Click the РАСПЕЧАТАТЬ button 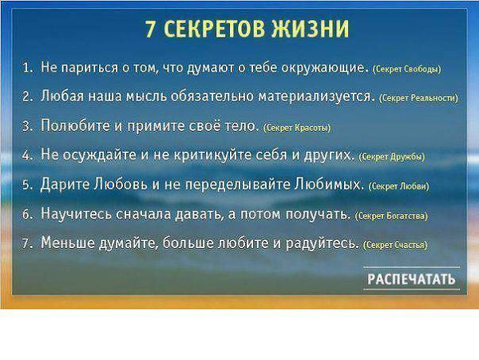pyautogui.click(x=411, y=279)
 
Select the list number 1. pyautogui.click(x=27, y=68)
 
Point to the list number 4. pyautogui.click(x=27, y=156)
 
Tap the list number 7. pyautogui.click(x=27, y=243)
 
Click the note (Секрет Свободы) pyautogui.click(x=407, y=69)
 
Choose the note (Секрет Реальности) pyautogui.click(x=418, y=98)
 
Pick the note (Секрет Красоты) pyautogui.click(x=297, y=128)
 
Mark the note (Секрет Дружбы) pyautogui.click(x=392, y=157)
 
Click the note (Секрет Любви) pyautogui.click(x=399, y=186)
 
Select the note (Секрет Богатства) pyautogui.click(x=392, y=216)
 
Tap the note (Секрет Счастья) pyautogui.click(x=396, y=245)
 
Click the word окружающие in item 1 pyautogui.click(x=325, y=68)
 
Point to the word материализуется pyautogui.click(x=317, y=97)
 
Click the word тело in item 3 pyautogui.click(x=242, y=125)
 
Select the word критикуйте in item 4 pyautogui.click(x=212, y=155)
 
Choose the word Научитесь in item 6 pyautogui.click(x=77, y=214)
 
